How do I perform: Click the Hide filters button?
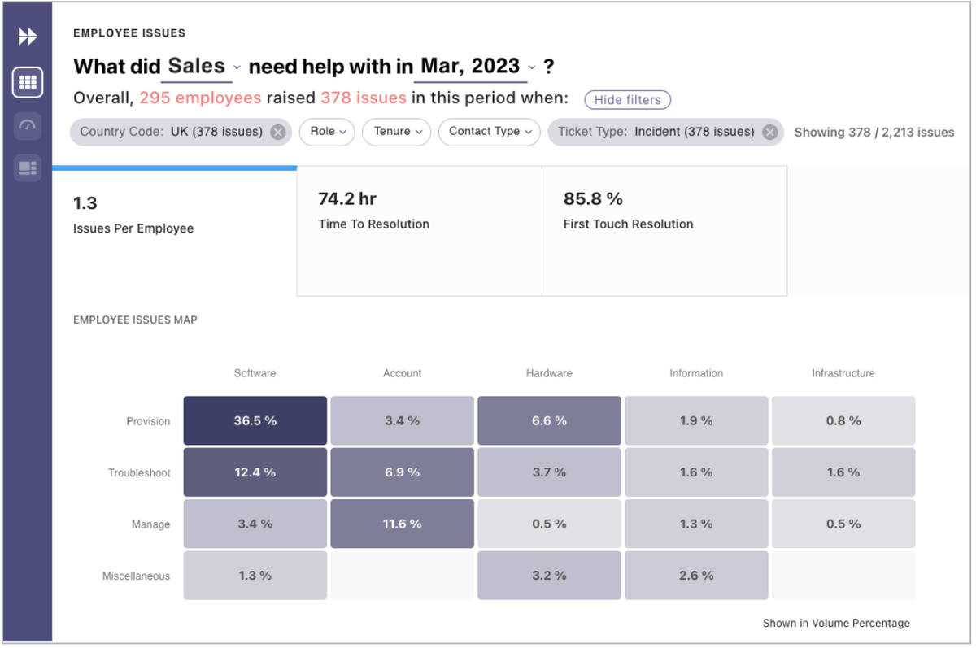tap(627, 100)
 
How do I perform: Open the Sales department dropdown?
tap(203, 67)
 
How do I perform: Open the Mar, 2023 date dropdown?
tap(477, 67)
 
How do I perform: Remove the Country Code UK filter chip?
tap(278, 132)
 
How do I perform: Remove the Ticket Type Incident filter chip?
tap(769, 132)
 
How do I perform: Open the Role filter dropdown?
tap(327, 132)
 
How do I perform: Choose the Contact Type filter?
tap(489, 132)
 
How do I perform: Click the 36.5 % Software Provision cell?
tap(255, 421)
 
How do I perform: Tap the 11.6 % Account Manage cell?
tap(402, 524)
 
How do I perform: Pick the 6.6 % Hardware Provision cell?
tap(549, 421)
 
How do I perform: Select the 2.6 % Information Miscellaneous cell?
tap(696, 576)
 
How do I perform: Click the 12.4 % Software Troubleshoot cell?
tap(255, 472)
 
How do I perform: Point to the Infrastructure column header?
tap(843, 373)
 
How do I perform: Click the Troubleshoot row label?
tap(139, 473)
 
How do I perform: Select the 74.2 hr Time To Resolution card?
tap(419, 230)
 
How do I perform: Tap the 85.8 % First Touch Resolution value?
tap(593, 199)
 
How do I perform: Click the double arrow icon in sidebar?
tap(28, 37)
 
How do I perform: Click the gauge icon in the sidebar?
tap(28, 125)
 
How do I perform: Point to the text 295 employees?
tap(200, 98)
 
